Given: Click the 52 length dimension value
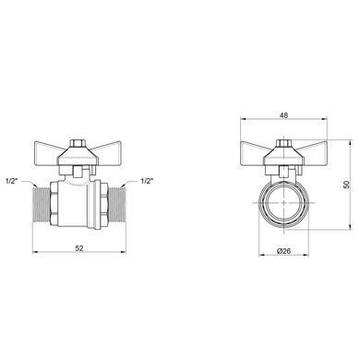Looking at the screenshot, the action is (79, 248).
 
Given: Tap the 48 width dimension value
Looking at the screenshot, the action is (283, 115).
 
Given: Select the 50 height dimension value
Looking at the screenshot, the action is (347, 185).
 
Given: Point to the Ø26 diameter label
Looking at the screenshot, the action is (283, 251).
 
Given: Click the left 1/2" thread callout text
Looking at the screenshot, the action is (12, 181).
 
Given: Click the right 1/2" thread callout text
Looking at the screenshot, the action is (147, 181).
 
